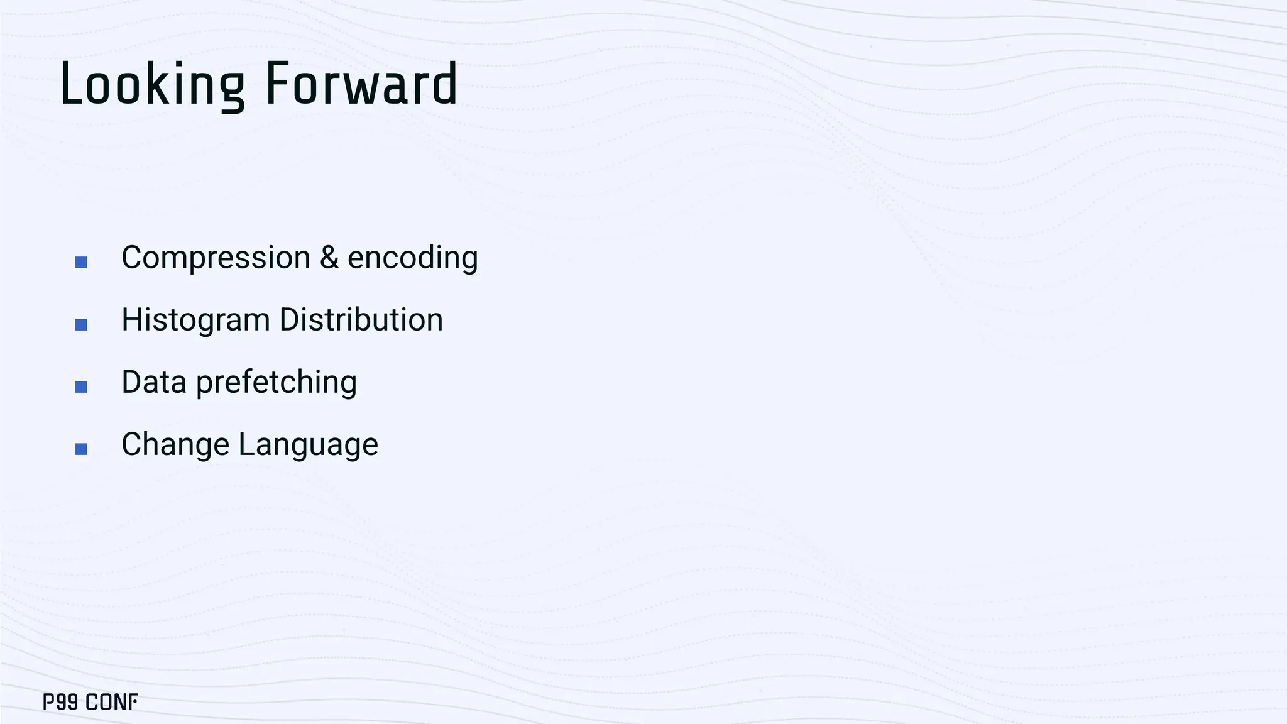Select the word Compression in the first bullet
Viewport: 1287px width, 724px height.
coord(216,258)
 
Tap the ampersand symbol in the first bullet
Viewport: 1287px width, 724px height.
coord(329,258)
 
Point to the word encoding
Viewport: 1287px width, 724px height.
coord(412,258)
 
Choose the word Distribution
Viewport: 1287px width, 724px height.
coord(361,320)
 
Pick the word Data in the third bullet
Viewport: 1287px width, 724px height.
coord(154,382)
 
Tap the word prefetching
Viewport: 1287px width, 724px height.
coord(277,382)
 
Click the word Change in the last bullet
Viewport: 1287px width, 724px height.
coord(175,444)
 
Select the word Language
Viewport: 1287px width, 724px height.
coord(308,444)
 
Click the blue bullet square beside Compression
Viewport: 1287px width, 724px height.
coord(81,262)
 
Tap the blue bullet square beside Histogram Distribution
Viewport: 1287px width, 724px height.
coord(81,324)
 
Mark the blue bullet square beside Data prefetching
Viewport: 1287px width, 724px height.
coord(81,387)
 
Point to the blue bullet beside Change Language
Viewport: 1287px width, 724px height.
coord(81,449)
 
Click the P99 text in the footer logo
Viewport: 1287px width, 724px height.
coord(60,702)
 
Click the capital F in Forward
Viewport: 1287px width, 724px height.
coord(277,84)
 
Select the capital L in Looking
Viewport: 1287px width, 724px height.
coord(70,84)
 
